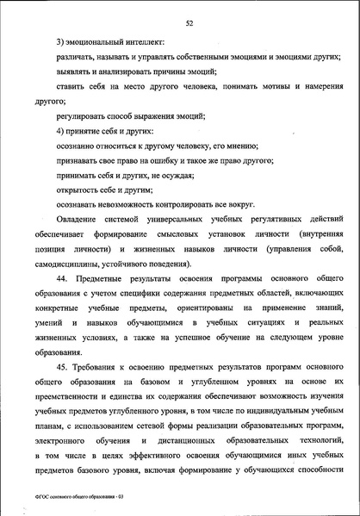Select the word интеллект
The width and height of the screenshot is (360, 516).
pyautogui.click(x=144, y=41)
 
